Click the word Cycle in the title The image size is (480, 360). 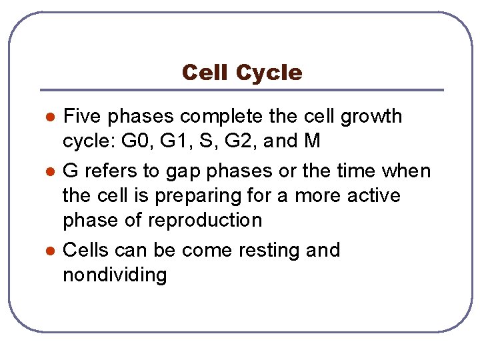point(269,73)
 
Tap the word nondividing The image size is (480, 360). point(115,275)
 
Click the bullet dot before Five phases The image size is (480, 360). point(49,117)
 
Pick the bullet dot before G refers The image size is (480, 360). point(49,172)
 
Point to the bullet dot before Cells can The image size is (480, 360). point(49,251)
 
